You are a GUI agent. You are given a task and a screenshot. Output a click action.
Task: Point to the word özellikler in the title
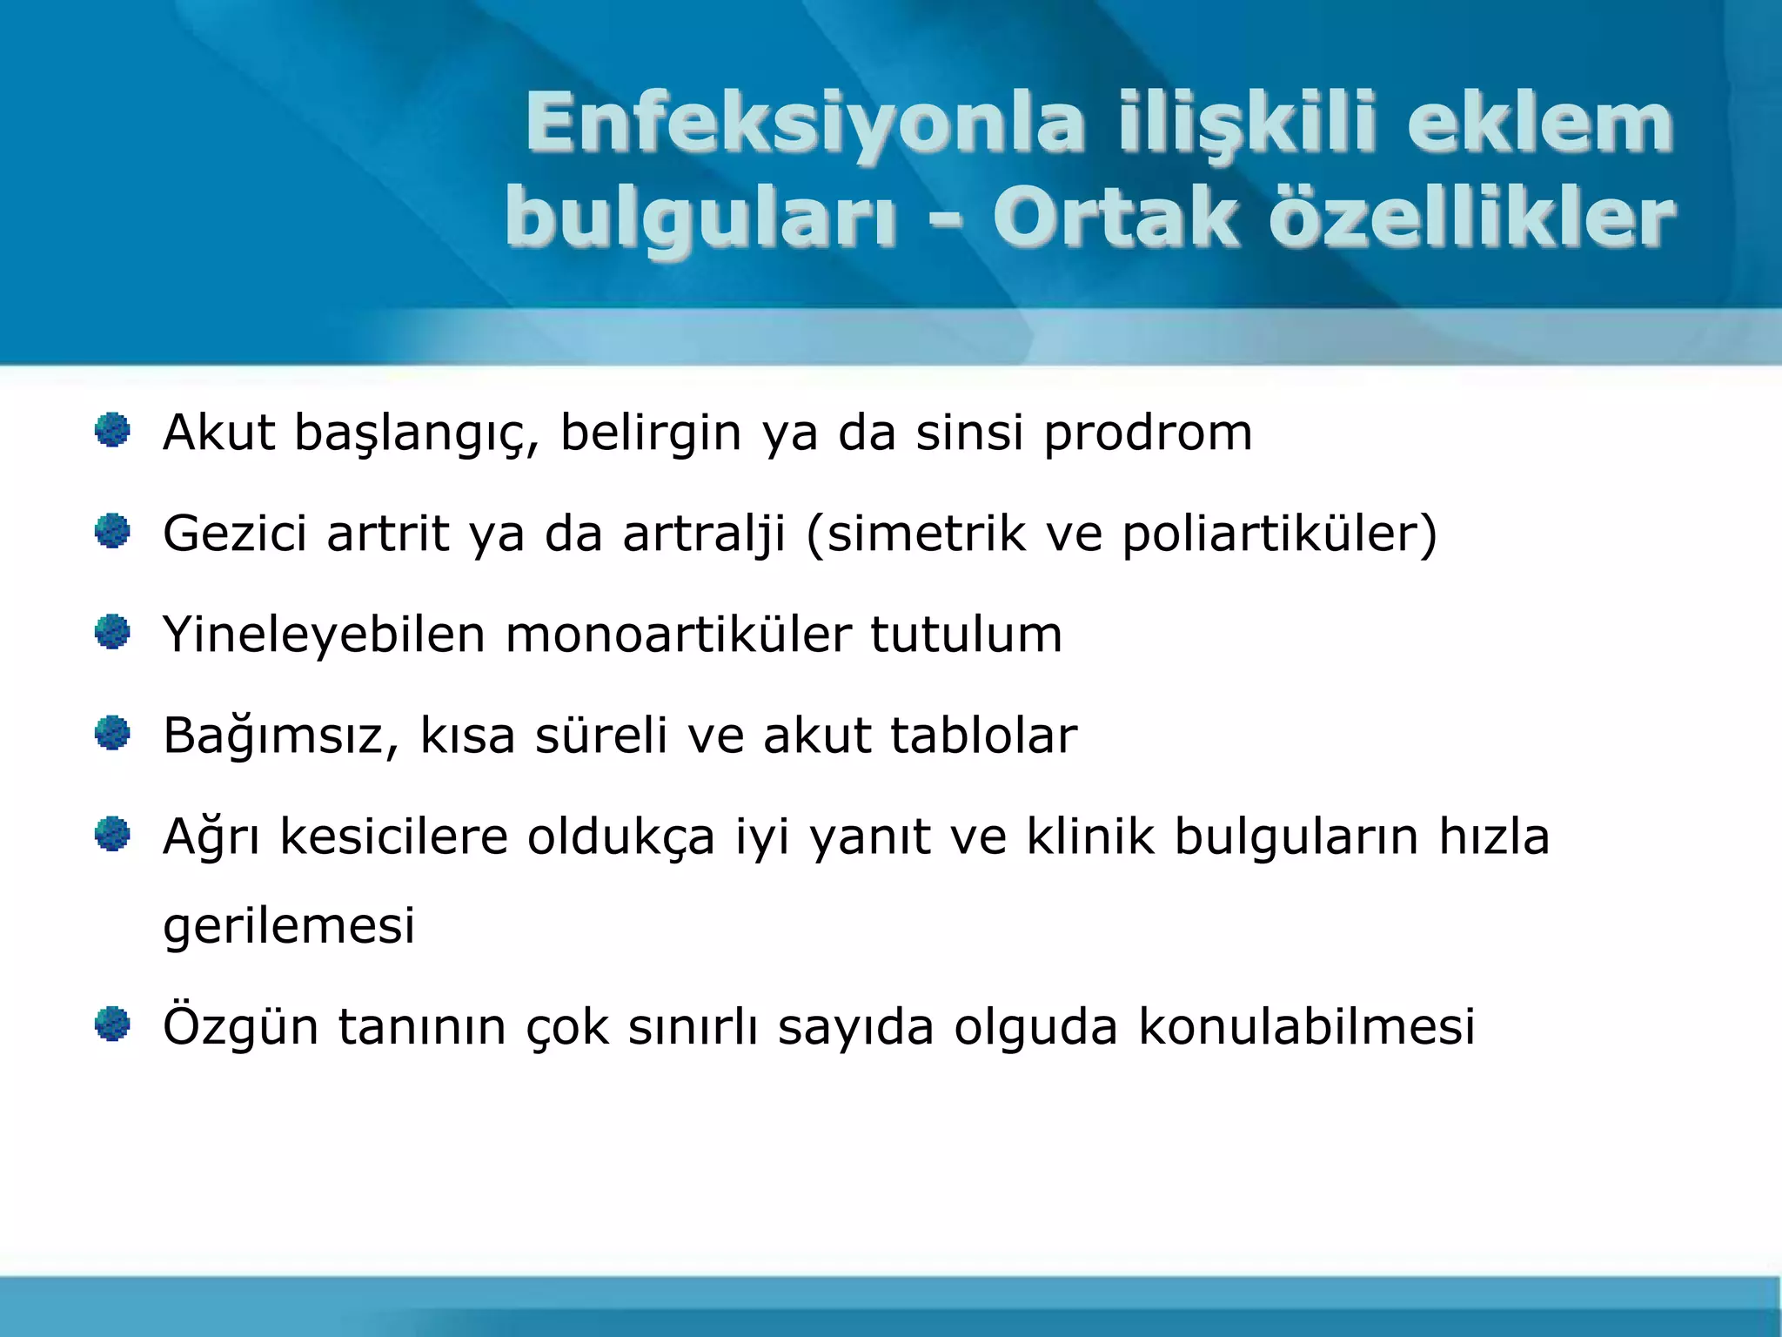pos(1471,218)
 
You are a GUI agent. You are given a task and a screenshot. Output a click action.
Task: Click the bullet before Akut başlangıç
pos(112,431)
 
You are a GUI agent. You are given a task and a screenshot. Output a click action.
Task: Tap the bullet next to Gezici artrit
pos(112,531)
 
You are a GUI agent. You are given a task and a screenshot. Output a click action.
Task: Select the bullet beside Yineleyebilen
pos(112,632)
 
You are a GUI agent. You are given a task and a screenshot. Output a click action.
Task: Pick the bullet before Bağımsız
pos(112,733)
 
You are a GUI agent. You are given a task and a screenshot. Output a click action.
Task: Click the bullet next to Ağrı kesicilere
pos(112,835)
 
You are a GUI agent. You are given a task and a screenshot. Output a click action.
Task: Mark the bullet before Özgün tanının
pos(112,1024)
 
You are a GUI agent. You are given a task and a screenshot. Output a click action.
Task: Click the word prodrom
pos(1148,433)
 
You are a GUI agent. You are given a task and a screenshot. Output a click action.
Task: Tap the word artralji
pos(704,534)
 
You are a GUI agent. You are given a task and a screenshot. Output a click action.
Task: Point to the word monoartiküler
pos(678,635)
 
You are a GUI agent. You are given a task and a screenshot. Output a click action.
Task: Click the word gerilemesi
pos(289,926)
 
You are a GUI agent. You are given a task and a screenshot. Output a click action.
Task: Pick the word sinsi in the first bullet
pos(969,433)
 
